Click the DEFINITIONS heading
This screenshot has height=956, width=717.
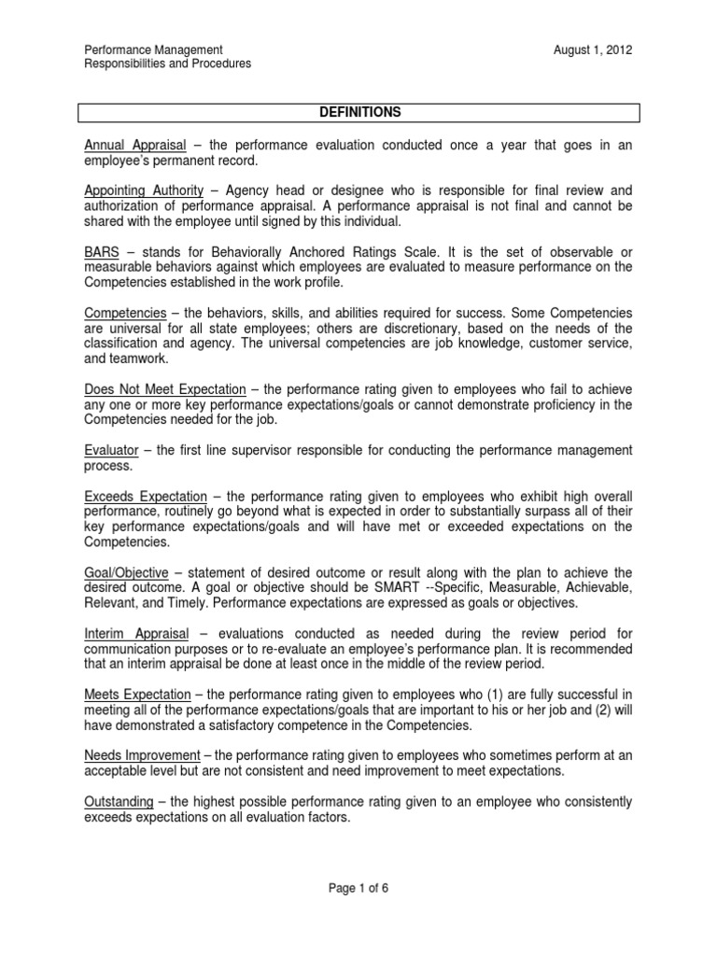[358, 112]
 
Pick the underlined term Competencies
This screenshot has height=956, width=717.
[125, 315]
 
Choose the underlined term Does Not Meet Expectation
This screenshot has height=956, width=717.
[165, 388]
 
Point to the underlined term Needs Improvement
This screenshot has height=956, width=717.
[142, 755]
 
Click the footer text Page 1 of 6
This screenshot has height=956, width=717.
[358, 889]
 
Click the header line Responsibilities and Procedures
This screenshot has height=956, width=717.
[168, 63]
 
